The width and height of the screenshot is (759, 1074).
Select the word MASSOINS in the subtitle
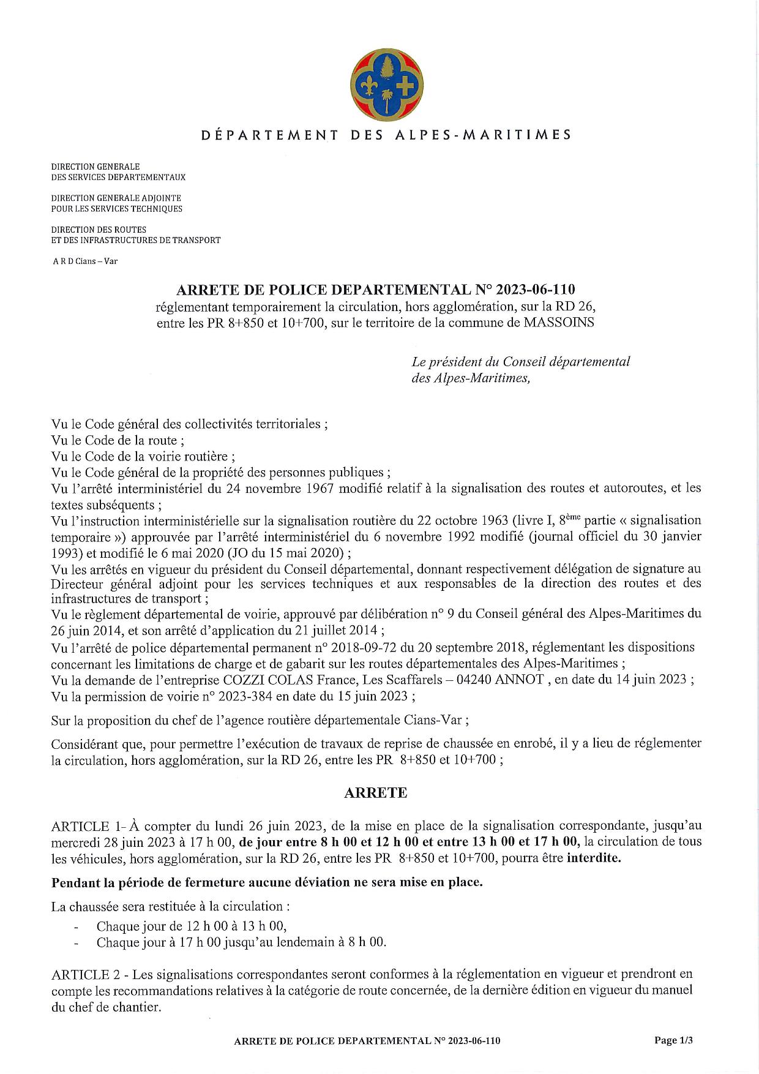click(559, 323)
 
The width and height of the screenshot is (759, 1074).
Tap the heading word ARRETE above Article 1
click(375, 792)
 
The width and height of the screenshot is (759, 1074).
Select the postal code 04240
click(471, 680)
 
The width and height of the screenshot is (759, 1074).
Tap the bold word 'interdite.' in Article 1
click(594, 857)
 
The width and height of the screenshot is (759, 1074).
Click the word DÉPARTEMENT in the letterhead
click(270, 135)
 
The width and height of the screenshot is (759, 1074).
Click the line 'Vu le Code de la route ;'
click(118, 440)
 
